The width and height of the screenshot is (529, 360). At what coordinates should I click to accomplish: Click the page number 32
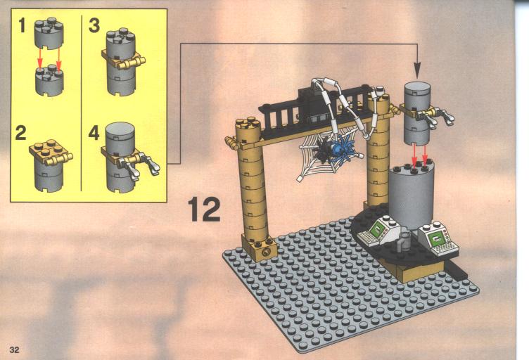15,350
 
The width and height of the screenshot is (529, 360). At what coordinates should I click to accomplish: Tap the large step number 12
204,210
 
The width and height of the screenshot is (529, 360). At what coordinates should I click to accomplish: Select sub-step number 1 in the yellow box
23,25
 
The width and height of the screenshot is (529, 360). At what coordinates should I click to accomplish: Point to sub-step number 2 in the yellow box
21,134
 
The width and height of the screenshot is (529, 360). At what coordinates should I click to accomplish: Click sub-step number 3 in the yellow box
94,25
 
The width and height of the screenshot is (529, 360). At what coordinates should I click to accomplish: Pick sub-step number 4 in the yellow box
94,134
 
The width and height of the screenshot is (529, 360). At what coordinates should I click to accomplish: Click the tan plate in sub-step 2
51,152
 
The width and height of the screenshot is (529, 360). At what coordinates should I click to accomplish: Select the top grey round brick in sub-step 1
49,33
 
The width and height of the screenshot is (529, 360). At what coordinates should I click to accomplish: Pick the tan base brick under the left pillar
259,247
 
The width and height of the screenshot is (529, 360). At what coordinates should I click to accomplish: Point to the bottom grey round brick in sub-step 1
49,80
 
